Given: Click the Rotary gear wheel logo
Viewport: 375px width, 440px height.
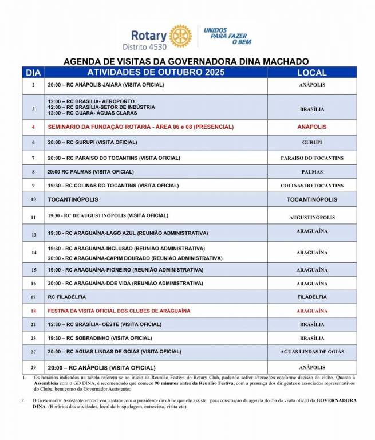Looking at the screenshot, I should point(180,36).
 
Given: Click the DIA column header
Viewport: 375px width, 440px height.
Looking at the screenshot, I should point(33,73).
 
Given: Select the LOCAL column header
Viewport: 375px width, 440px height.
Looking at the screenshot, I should point(312,73).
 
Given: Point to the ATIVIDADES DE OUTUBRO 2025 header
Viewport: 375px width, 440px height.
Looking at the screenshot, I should point(156,72).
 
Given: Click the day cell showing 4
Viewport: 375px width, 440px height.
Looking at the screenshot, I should point(33,127).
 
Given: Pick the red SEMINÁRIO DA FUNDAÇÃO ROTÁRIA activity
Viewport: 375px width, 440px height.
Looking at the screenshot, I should point(141,127).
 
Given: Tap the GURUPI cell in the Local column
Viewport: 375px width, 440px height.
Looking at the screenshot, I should point(312,142).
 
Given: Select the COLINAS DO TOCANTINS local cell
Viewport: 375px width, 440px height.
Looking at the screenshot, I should point(312,186).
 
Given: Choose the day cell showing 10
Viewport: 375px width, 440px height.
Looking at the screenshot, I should point(33,199).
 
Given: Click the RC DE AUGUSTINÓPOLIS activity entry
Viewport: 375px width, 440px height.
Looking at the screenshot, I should point(108,215).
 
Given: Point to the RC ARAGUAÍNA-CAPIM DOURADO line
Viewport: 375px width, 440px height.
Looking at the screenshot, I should point(135,258).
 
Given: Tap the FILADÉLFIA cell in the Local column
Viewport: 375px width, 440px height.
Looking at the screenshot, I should point(312,297).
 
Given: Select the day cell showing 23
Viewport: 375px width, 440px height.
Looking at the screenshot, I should point(33,338).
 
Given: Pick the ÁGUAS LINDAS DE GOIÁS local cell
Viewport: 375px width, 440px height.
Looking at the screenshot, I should point(312,352).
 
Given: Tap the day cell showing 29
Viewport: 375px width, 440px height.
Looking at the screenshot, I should point(33,367).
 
